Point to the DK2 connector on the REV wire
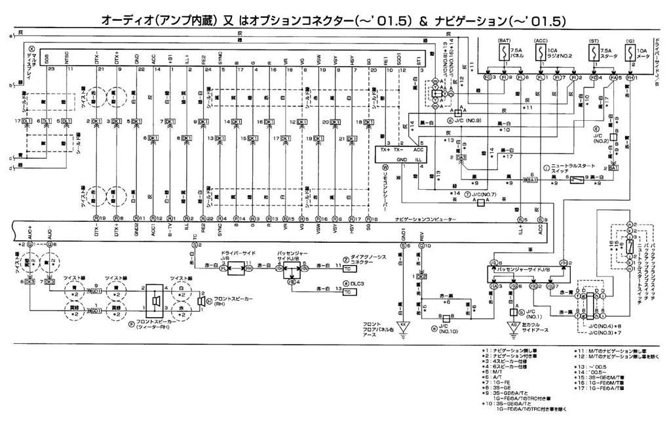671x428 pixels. (421, 277)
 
